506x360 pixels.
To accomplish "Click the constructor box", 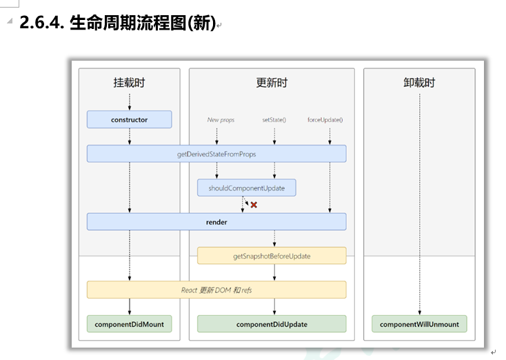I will (x=129, y=119).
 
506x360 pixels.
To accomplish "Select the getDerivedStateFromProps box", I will (x=216, y=154).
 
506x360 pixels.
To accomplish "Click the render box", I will (x=216, y=222).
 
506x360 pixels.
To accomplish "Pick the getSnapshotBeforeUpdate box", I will (x=272, y=256).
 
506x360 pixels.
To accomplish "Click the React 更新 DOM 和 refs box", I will (x=216, y=290).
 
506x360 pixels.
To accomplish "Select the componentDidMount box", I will (x=129, y=323).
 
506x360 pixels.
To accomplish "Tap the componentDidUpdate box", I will (x=272, y=323).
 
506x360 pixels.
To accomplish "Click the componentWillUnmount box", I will (x=419, y=323).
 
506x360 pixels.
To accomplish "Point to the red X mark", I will (x=254, y=205).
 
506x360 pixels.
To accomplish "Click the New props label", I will (x=221, y=120).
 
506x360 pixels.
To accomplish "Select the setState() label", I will (x=274, y=120).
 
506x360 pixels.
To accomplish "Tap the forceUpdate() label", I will (x=325, y=120).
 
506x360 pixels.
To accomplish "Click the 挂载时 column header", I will (x=129, y=83).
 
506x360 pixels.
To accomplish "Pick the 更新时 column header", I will (x=272, y=83).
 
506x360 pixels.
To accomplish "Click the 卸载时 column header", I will (x=419, y=83).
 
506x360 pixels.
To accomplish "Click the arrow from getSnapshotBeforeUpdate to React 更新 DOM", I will (x=274, y=272).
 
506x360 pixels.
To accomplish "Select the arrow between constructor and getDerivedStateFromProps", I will (x=130, y=137).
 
